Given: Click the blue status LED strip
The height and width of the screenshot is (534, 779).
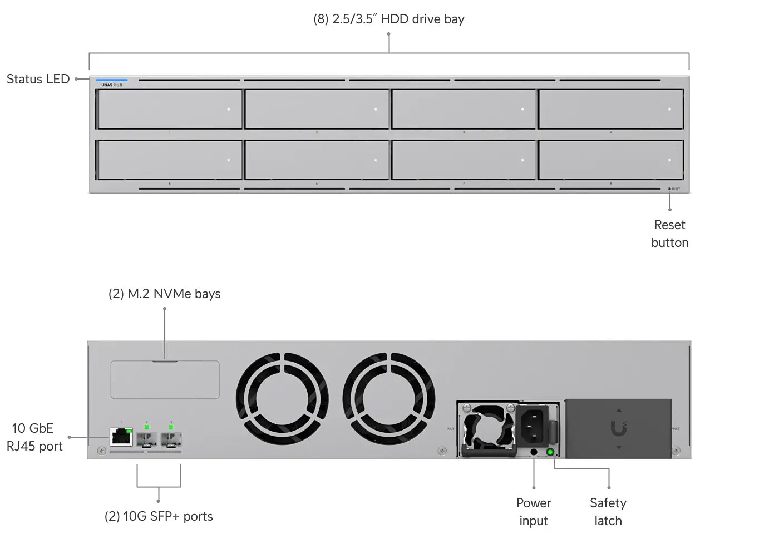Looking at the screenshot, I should coord(111,80).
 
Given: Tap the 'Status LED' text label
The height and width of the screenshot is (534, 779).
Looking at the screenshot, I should coord(38,79).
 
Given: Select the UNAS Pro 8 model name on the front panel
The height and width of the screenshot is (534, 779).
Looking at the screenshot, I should coord(111,85).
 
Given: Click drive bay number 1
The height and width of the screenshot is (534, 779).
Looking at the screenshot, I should coord(170,109).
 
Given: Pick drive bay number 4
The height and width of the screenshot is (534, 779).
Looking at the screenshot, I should coord(610,109).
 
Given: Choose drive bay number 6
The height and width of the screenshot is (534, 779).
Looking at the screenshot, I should coord(317,160).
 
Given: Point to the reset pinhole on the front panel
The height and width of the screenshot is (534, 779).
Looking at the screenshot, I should coord(669,189).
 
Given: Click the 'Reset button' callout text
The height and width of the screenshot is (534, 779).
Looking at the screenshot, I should coord(669,234).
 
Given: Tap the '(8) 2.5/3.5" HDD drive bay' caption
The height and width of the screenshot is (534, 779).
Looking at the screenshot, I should coord(388,19).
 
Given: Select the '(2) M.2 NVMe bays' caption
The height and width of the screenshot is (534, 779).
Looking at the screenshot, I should coord(164,294).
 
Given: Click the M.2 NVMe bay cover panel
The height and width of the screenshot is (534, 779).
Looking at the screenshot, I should coord(165,380).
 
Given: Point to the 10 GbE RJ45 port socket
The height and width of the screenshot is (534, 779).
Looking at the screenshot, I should coord(121,437).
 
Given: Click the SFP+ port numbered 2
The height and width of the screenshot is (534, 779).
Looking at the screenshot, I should coord(147,439).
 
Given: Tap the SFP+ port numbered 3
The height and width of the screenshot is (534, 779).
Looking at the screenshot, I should coord(171,439).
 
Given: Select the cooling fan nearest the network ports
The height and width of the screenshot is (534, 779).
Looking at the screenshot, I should coord(282,399).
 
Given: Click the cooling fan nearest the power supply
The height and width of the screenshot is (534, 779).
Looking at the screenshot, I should coord(388,399).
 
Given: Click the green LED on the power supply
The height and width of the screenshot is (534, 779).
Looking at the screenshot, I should coord(550,452).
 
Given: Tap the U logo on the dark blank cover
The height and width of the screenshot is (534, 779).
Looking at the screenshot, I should coord(618,428).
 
